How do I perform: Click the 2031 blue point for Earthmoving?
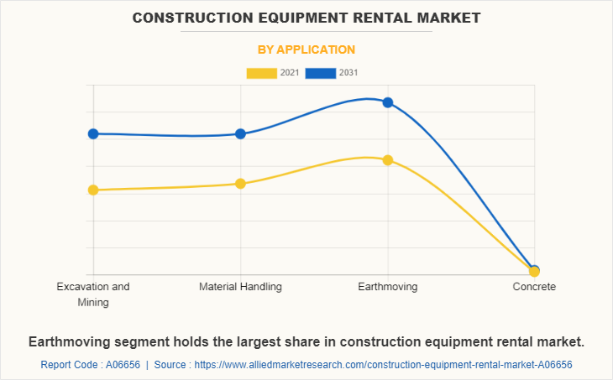click(388, 102)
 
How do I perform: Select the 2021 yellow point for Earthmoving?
click(388, 160)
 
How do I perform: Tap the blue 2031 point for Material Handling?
click(240, 134)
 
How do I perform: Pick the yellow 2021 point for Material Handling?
click(240, 184)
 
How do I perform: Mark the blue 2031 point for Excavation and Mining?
click(93, 134)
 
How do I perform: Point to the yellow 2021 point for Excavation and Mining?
click(93, 190)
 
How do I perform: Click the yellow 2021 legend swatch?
click(261, 73)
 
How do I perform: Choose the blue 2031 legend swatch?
click(321, 73)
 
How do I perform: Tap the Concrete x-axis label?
click(534, 287)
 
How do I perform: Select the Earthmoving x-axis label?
click(388, 287)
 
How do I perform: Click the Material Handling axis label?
click(240, 287)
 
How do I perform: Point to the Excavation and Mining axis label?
click(93, 294)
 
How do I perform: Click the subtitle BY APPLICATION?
click(306, 49)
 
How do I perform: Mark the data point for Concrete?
click(534, 271)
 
